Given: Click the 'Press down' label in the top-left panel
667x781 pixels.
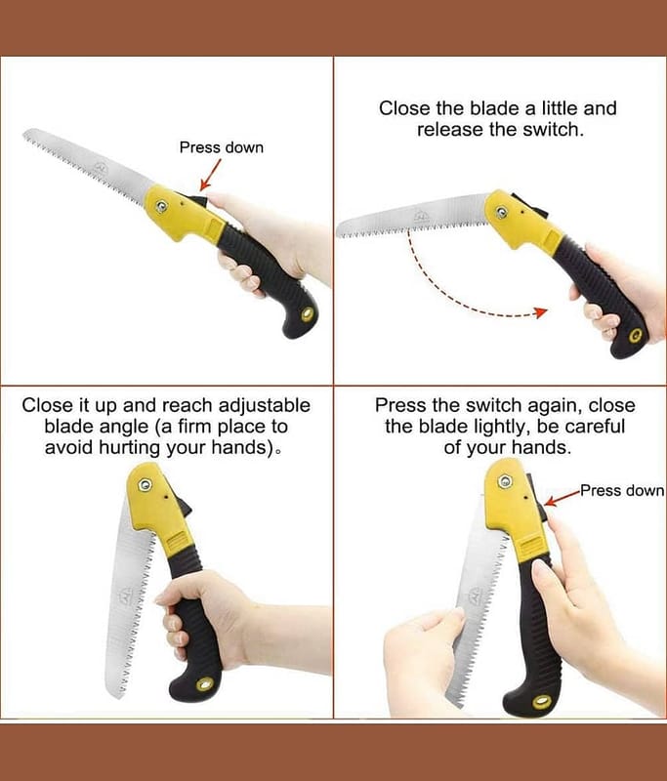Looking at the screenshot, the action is pyautogui.click(x=221, y=147).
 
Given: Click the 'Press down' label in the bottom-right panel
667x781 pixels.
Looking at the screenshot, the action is pyautogui.click(x=623, y=491).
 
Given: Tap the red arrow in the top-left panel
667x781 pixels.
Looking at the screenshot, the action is pyautogui.click(x=210, y=175).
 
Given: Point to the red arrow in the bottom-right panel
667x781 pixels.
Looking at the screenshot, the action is pyautogui.click(x=563, y=498).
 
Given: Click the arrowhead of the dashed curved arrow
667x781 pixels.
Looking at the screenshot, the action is pyautogui.click(x=541, y=312).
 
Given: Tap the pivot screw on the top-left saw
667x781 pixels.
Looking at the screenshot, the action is pyautogui.click(x=161, y=206).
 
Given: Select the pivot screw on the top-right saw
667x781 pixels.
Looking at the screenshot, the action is pyautogui.click(x=501, y=213).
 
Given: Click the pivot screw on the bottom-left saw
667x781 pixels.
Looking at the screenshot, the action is pyautogui.click(x=146, y=484).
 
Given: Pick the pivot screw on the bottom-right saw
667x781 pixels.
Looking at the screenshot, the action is pyautogui.click(x=505, y=481).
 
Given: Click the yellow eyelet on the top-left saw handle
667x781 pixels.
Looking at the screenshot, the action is pyautogui.click(x=308, y=314).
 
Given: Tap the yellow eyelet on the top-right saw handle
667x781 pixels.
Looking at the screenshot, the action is pyautogui.click(x=635, y=336).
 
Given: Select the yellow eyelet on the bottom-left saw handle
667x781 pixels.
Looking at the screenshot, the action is pyautogui.click(x=204, y=684).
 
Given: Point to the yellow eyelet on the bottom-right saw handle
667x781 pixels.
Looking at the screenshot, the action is pyautogui.click(x=541, y=701).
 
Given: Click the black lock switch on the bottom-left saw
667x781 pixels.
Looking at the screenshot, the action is pyautogui.click(x=186, y=507).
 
